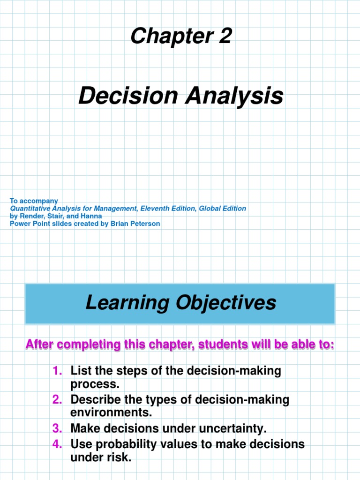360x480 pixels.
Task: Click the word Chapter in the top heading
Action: [162, 36]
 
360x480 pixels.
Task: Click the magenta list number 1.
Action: [57, 371]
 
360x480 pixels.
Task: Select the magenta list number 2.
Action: [57, 400]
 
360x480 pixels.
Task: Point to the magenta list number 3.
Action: [57, 429]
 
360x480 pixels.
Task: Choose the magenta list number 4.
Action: [57, 444]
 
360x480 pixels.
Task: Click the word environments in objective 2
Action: [111, 413]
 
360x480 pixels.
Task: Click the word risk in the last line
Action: [120, 458]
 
